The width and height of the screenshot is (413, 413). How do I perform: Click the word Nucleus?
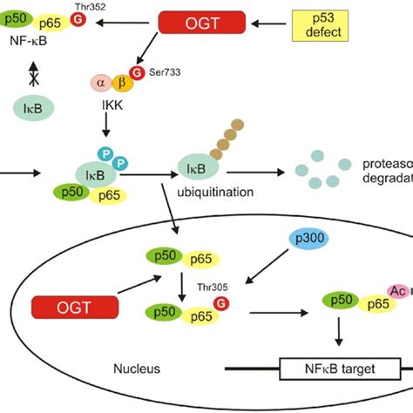tap(137, 369)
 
